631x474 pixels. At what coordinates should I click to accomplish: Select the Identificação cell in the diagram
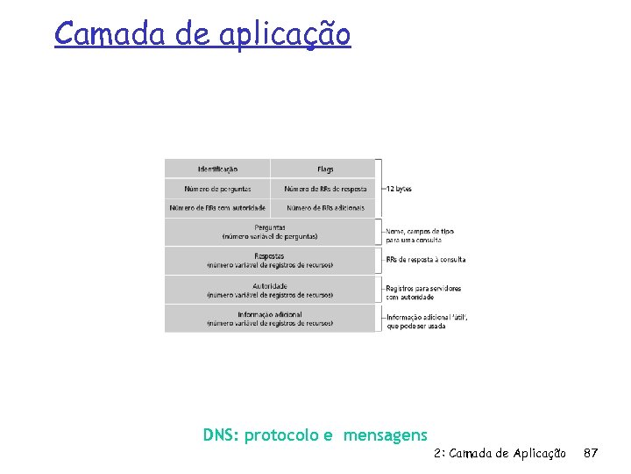coord(217,169)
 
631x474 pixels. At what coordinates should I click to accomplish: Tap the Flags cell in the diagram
coord(324,169)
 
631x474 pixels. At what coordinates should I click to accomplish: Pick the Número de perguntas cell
coord(217,189)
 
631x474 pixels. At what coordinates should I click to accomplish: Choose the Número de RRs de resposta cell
coord(325,189)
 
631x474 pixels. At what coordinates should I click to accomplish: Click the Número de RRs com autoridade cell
coord(217,208)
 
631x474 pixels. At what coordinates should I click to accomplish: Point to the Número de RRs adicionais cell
coord(324,208)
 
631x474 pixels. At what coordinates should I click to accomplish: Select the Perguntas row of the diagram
coord(270,232)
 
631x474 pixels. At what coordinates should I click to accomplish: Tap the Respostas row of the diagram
coord(270,261)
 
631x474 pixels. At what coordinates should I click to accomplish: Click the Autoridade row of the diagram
coord(270,290)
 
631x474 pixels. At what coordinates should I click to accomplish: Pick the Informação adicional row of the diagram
coord(270,318)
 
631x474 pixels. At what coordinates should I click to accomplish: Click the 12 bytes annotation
coord(399,189)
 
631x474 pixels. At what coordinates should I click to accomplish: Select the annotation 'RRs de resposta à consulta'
coord(426,260)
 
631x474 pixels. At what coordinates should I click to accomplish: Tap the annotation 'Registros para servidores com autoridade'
coord(423,292)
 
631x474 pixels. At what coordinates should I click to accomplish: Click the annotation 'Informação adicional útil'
coord(427,321)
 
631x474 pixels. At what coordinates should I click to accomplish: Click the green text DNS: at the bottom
coord(222,435)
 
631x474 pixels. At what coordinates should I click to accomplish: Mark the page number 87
coord(591,453)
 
